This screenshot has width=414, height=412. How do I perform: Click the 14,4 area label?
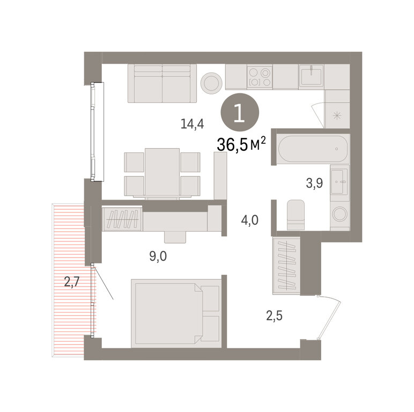(x=192, y=123)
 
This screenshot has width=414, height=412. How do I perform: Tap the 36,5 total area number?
(x=232, y=145)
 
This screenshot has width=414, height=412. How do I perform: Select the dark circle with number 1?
(x=240, y=112)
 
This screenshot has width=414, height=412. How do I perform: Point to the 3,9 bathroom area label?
(x=314, y=183)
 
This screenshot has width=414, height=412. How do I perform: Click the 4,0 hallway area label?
(x=249, y=220)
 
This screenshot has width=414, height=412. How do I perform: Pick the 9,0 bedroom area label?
(x=158, y=256)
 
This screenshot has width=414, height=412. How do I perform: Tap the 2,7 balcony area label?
(x=71, y=282)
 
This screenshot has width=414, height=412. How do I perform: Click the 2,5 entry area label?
(x=274, y=315)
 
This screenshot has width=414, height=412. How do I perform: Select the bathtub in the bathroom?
(x=313, y=149)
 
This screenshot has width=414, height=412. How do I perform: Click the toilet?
(x=295, y=215)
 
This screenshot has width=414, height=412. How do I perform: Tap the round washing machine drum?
(x=340, y=214)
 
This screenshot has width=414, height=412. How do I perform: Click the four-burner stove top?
(x=260, y=77)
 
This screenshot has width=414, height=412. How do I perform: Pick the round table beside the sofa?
(x=211, y=82)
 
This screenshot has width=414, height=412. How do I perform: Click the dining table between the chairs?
(x=162, y=173)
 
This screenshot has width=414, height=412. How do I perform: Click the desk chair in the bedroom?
(x=175, y=237)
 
